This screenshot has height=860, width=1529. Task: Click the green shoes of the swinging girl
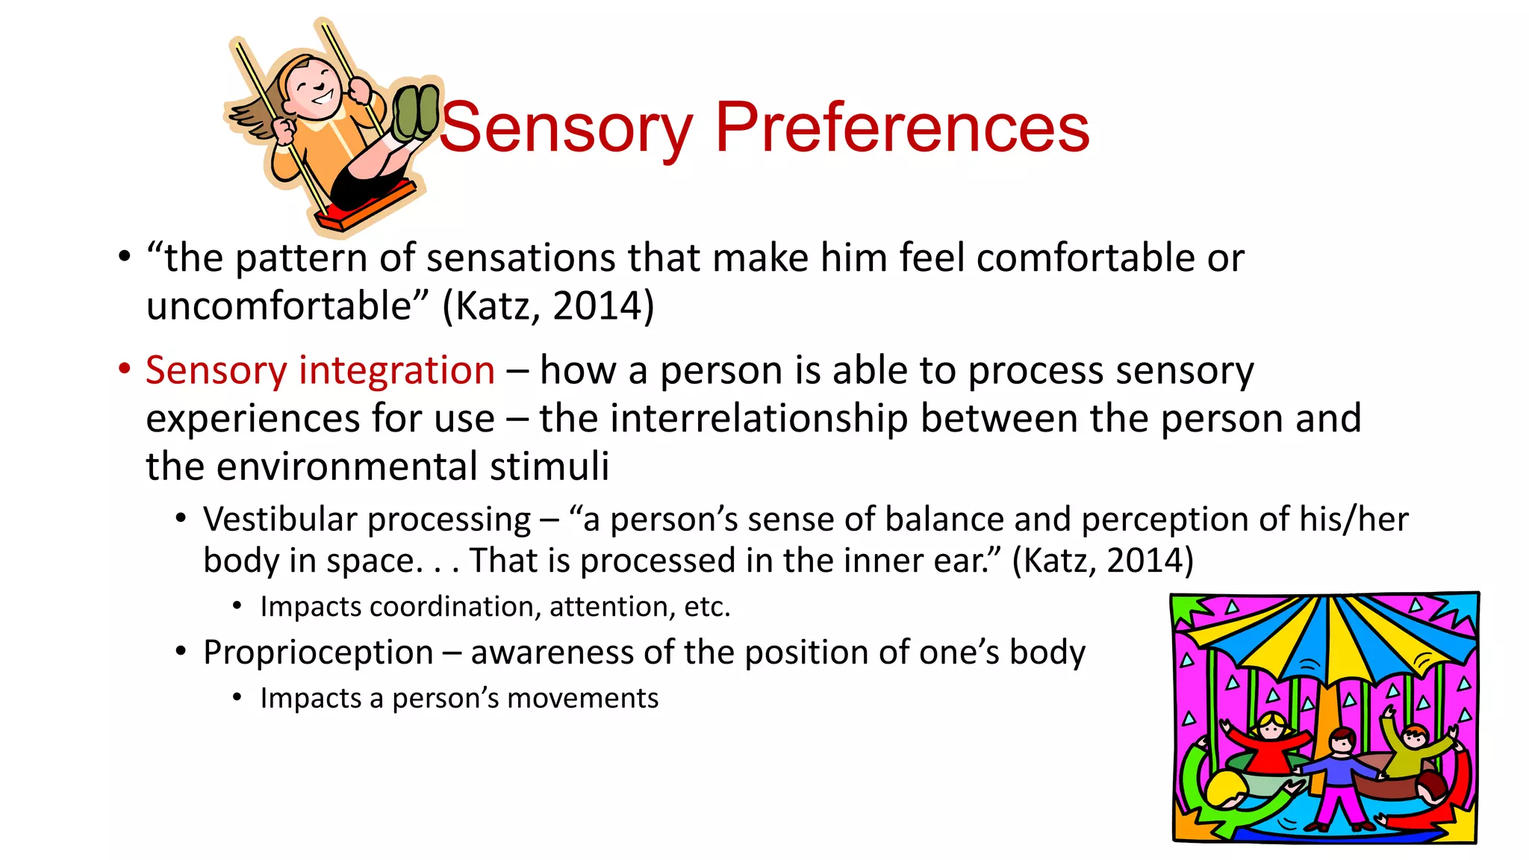417,112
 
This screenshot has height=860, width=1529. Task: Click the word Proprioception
318,652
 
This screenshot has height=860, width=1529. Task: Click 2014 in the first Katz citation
597,306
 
